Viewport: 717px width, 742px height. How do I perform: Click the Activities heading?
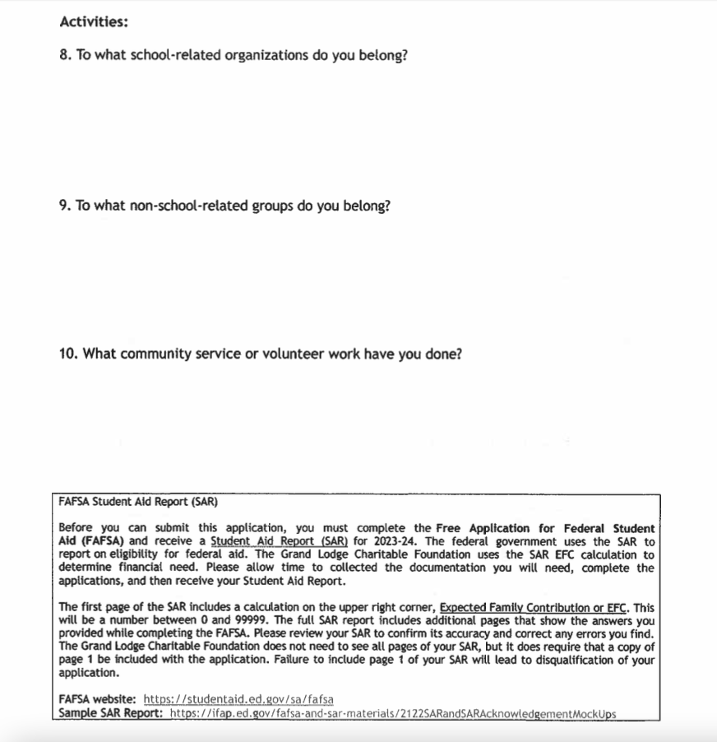[94, 21]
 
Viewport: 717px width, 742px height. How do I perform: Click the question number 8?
[65, 58]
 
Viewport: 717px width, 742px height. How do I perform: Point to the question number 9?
[65, 205]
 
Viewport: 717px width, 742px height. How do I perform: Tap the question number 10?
[69, 354]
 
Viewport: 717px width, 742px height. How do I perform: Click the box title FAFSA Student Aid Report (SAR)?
[138, 501]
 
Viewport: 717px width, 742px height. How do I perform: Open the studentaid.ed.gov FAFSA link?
[238, 699]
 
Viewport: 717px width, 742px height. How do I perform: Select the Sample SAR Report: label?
[110, 712]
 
